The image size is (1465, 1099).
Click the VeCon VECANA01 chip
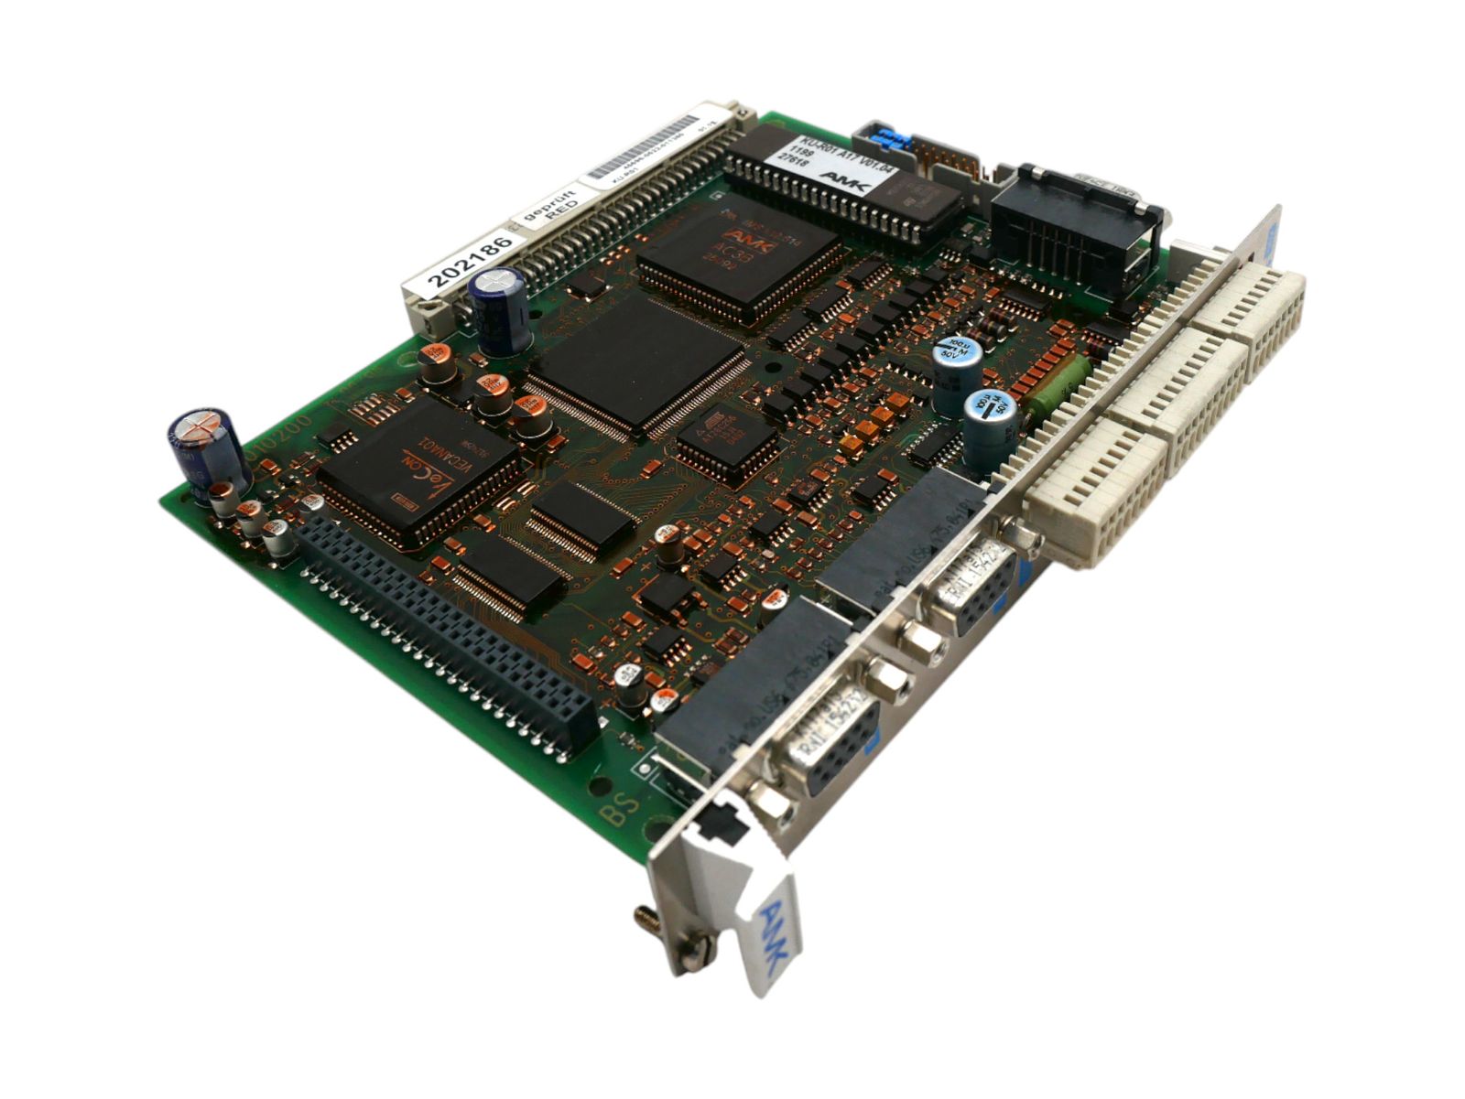tap(417, 472)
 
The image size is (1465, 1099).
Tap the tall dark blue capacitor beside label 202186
tap(498, 310)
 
